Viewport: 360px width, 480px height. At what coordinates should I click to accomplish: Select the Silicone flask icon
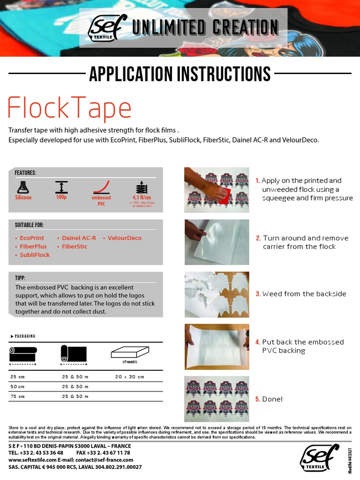[23, 187]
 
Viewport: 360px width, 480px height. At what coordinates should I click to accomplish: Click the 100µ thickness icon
[61, 187]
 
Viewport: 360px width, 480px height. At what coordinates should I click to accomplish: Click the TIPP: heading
[20, 278]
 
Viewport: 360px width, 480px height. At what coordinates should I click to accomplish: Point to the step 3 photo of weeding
[217, 294]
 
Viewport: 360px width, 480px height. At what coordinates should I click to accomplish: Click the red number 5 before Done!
[257, 399]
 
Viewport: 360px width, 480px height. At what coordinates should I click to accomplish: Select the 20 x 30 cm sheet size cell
[130, 377]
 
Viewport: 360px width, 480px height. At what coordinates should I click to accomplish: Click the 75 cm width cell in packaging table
[17, 397]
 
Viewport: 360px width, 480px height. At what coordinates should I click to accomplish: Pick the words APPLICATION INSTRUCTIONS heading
[180, 74]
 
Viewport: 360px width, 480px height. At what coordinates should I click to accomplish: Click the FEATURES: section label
[25, 173]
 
